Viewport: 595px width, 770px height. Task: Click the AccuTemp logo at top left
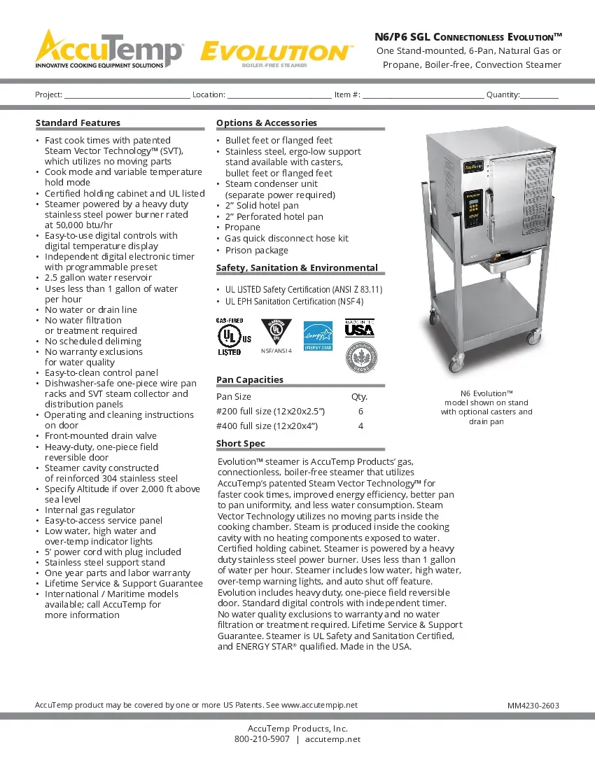point(110,49)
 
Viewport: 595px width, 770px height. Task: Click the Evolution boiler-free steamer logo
point(276,54)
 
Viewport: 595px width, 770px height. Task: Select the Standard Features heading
point(78,122)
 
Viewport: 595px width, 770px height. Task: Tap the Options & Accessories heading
point(267,122)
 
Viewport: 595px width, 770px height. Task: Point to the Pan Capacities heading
point(250,379)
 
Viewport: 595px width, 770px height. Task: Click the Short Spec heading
point(241,443)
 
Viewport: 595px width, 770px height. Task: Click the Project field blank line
point(127,95)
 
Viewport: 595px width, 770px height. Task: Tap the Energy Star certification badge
point(317,336)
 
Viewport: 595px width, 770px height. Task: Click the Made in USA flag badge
point(359,328)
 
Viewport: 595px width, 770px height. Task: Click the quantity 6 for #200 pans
point(360,412)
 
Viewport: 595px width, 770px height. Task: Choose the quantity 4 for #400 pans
point(360,426)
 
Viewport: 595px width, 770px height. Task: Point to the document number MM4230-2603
point(533,706)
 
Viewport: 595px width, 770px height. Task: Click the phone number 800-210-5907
point(262,739)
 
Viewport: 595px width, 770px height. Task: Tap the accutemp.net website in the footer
point(333,739)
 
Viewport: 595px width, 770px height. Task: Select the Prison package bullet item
point(256,250)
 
